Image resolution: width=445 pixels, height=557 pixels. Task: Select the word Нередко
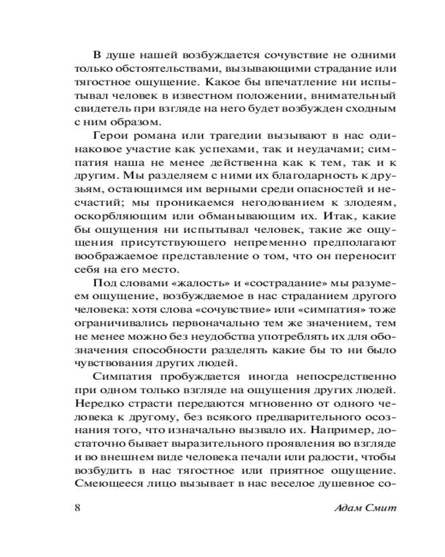point(95,402)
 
